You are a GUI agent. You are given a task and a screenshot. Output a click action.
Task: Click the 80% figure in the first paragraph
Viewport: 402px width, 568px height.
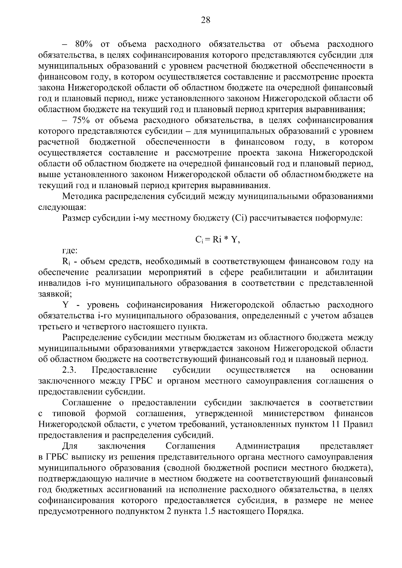coord(84,44)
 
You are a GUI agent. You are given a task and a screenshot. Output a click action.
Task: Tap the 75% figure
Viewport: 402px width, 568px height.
coord(83,120)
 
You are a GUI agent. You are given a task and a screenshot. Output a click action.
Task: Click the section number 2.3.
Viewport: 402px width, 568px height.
coord(70,370)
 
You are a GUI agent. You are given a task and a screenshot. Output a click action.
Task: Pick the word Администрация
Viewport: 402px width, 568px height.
coord(267,446)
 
